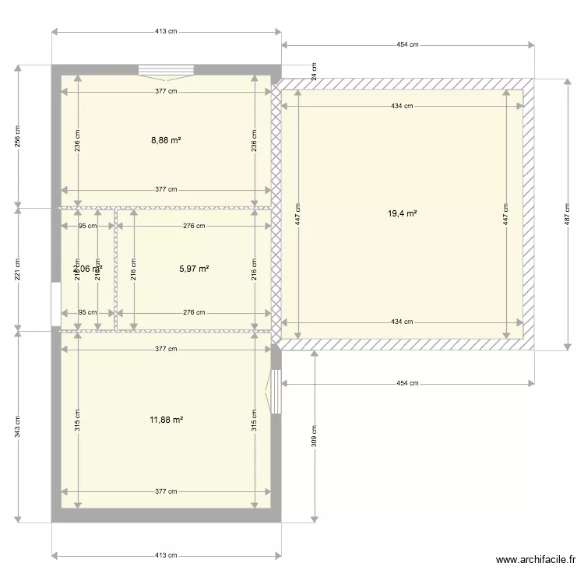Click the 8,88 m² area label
(x=166, y=140)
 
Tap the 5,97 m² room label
(x=194, y=269)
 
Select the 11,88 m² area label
(x=166, y=420)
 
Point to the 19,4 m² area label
(x=403, y=213)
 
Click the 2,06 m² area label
(x=87, y=269)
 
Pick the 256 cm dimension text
(x=17, y=136)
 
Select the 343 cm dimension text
(x=17, y=426)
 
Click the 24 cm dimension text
(x=315, y=72)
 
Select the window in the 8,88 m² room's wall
(x=165, y=71)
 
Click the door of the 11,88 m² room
(x=274, y=391)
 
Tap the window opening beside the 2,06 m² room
(x=55, y=304)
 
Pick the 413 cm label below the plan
(x=166, y=555)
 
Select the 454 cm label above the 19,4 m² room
(x=407, y=44)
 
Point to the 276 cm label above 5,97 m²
(x=194, y=227)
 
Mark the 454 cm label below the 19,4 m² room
(x=407, y=383)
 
